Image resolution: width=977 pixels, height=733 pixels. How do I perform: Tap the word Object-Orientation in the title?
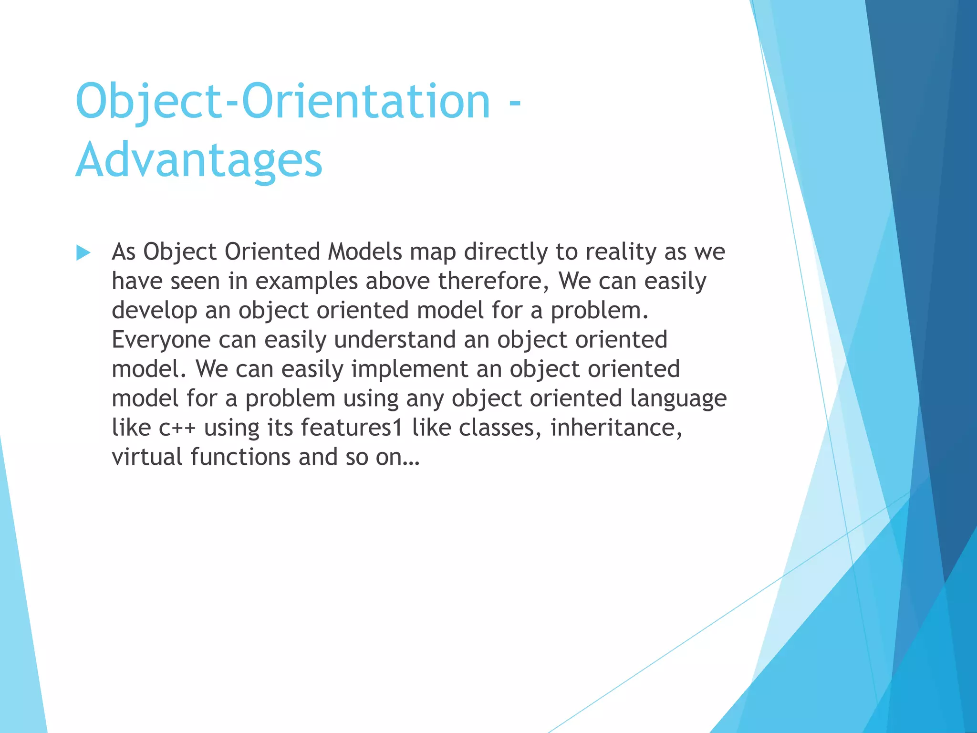(x=282, y=101)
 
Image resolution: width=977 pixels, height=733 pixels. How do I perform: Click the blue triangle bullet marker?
(x=83, y=252)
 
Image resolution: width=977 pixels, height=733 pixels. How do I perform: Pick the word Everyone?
(x=161, y=340)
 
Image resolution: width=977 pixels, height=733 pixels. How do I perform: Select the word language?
(x=678, y=399)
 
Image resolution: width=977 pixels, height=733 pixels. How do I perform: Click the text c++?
(x=177, y=428)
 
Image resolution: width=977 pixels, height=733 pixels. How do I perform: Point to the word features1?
(x=352, y=427)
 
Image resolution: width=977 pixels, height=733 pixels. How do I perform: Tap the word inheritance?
(x=616, y=427)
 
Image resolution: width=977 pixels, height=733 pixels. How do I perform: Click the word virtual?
(x=147, y=457)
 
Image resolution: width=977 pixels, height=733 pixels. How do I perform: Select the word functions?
(x=240, y=457)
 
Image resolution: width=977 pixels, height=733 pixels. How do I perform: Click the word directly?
(x=506, y=252)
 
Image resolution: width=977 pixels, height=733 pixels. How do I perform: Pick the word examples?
(x=306, y=282)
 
